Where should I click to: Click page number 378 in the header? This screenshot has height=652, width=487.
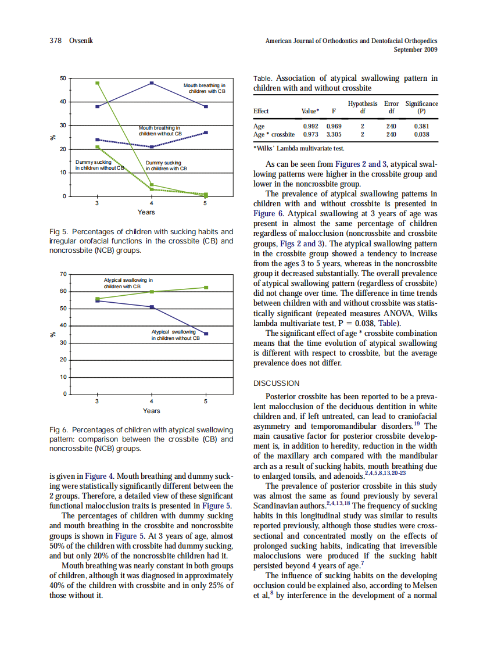click(55, 41)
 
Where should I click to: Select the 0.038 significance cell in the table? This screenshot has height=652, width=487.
click(421, 134)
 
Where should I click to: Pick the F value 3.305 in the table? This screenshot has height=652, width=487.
click(334, 134)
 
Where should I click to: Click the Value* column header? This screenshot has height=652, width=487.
click(310, 111)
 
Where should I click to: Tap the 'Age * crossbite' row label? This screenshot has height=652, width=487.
click(274, 134)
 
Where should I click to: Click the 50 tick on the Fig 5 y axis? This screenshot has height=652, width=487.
click(63, 78)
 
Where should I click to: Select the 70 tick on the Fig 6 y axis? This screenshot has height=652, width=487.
click(63, 273)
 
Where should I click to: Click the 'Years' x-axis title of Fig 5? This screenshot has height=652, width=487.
click(146, 212)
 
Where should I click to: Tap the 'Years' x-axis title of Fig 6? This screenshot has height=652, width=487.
click(151, 411)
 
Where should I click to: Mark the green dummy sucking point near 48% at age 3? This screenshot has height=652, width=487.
click(98, 83)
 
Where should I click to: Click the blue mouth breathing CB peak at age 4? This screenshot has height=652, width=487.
click(152, 83)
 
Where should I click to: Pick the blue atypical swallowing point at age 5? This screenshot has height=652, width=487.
click(206, 334)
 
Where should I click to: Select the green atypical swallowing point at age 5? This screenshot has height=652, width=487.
click(206, 287)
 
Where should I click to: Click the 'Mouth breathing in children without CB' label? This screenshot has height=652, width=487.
click(160, 130)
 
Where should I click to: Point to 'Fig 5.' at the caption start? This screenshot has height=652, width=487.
click(58, 232)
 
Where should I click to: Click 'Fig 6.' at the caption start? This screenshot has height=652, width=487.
click(58, 430)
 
